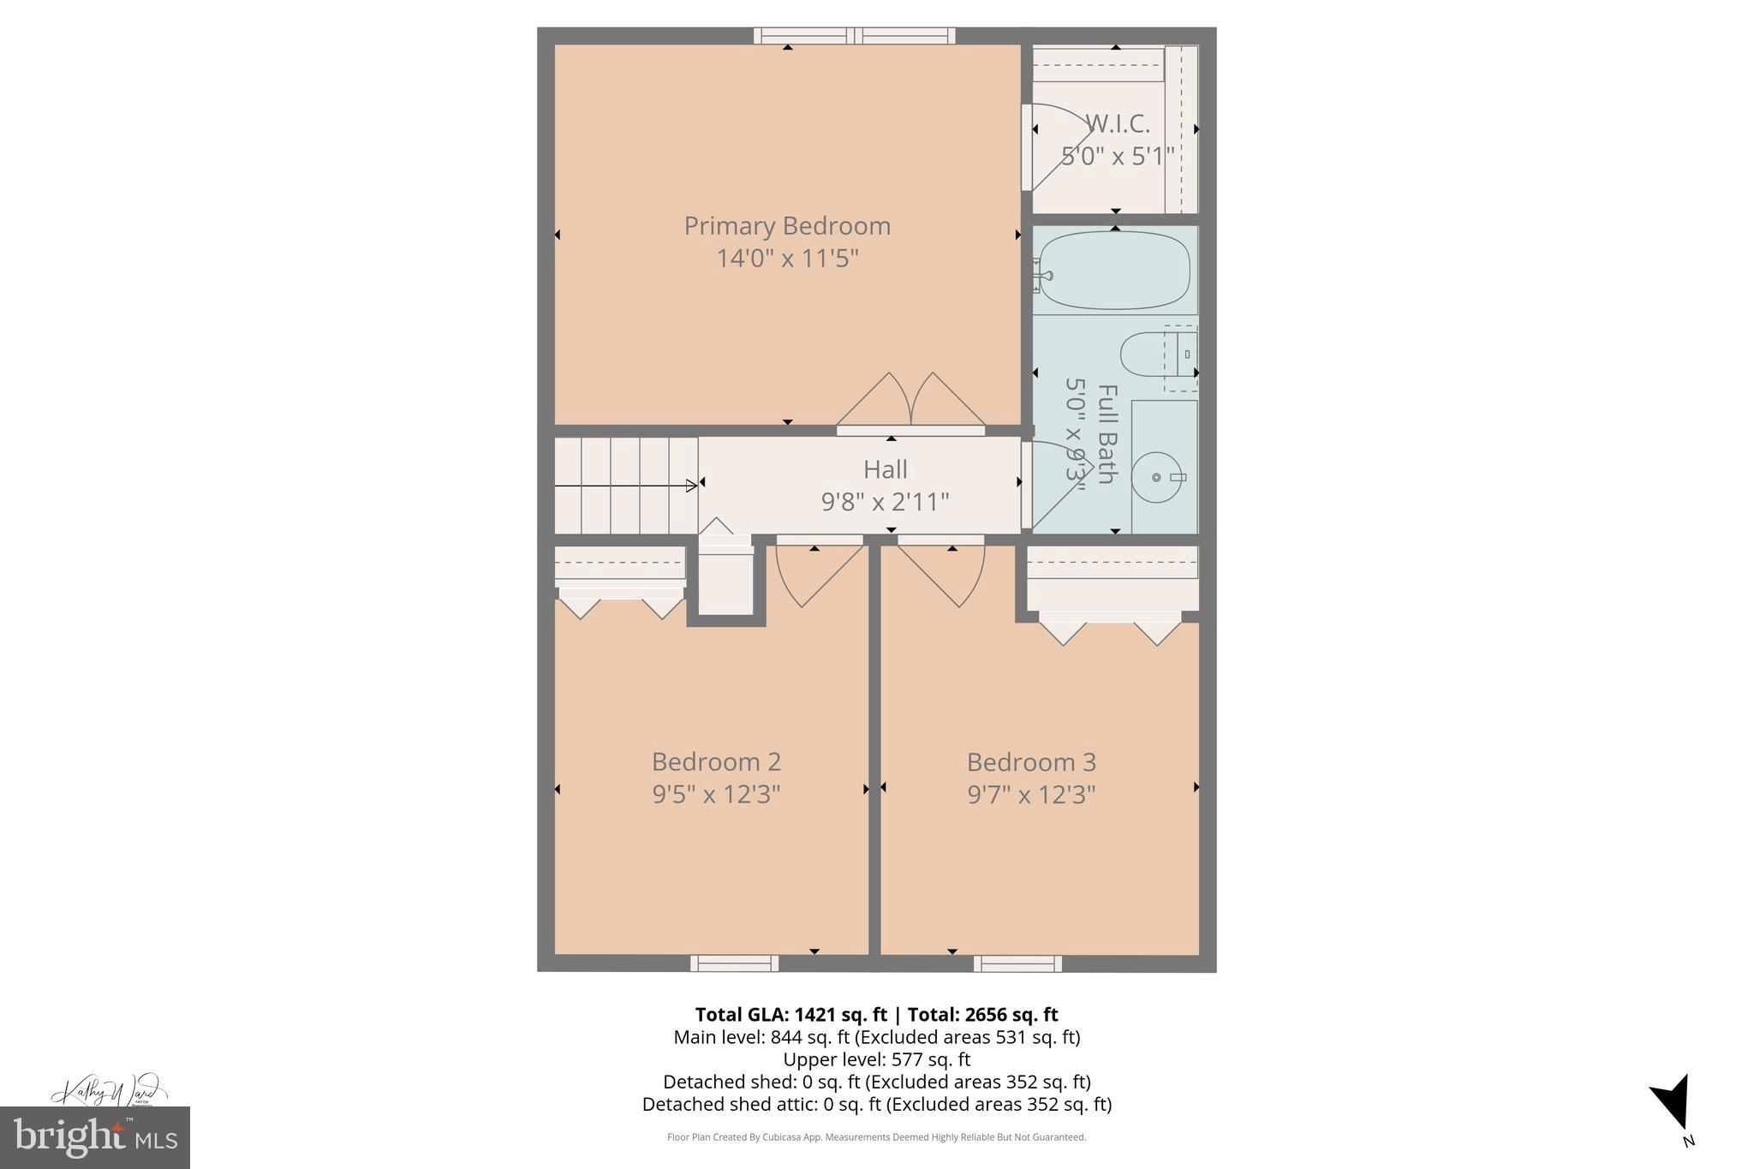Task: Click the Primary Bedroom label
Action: pos(786,226)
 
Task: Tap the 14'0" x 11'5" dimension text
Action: pos(786,258)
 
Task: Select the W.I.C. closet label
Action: pos(1117,125)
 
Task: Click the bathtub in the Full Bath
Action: pos(1113,271)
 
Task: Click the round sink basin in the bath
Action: pos(1155,477)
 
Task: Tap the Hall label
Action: pos(885,469)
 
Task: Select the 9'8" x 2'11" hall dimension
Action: pos(885,502)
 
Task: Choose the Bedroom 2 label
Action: pos(716,761)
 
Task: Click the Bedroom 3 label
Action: pos(1031,761)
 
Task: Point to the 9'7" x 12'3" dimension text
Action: pos(1031,795)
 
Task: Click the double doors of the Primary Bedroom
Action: pos(910,403)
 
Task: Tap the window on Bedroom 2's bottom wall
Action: pos(734,963)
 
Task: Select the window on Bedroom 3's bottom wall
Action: pos(1017,963)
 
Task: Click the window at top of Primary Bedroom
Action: pos(854,36)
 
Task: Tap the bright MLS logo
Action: pos(94,1137)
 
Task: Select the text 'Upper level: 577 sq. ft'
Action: pos(876,1059)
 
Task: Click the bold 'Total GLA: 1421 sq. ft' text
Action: pos(790,1015)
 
